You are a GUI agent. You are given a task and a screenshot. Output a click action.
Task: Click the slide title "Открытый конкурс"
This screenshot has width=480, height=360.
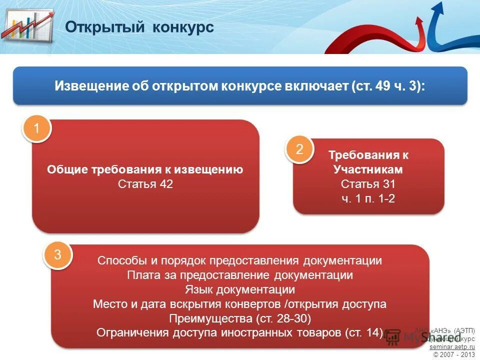point(139,27)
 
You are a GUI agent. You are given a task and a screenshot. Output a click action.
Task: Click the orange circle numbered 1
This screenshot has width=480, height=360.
point(36,129)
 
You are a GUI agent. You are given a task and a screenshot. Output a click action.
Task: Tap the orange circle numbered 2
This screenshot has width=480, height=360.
point(299,149)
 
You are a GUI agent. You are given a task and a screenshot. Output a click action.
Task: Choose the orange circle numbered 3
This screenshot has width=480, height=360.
point(57,255)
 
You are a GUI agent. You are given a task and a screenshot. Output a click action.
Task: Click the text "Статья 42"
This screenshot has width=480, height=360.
point(145,184)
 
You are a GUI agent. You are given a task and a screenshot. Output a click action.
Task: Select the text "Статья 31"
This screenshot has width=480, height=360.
point(368,184)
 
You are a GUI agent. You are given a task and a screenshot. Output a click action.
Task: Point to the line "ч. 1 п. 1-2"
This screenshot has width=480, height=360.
point(368,198)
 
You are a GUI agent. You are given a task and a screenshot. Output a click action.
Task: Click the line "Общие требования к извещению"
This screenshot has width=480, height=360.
point(145,169)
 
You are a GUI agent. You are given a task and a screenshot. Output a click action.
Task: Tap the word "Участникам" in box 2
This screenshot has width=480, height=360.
point(368,169)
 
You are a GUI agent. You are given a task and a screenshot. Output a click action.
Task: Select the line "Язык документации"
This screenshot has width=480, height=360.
point(239,289)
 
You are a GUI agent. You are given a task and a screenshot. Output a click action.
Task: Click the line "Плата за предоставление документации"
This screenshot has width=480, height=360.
point(240,275)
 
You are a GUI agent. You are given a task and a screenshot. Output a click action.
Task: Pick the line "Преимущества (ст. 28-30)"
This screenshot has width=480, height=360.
point(240,318)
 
